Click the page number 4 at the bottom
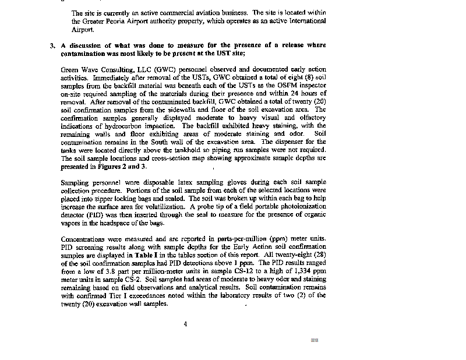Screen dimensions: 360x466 [x=185, y=324]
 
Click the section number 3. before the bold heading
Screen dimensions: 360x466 [x=52, y=45]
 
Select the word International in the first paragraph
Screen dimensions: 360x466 [x=306, y=20]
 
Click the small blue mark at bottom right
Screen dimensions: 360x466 [x=315, y=340]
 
